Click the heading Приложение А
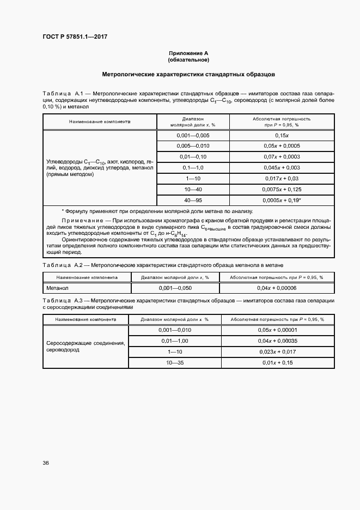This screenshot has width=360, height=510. tap(188, 53)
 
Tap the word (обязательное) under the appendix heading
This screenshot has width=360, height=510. tap(188, 59)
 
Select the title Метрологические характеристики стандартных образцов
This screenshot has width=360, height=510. tap(188, 74)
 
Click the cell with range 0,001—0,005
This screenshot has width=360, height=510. tap(193, 135)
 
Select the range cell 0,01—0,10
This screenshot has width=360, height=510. tap(193, 157)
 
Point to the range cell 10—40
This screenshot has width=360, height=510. tap(193, 190)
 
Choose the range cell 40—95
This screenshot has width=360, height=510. tap(193, 201)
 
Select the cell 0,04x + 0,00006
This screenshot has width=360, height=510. tap(277, 288)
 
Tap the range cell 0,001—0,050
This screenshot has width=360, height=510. tap(175, 288)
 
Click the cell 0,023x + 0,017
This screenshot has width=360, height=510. tap(277, 351)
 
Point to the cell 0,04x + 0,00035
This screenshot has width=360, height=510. tap(277, 341)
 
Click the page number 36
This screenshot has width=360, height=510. tap(46, 463)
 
